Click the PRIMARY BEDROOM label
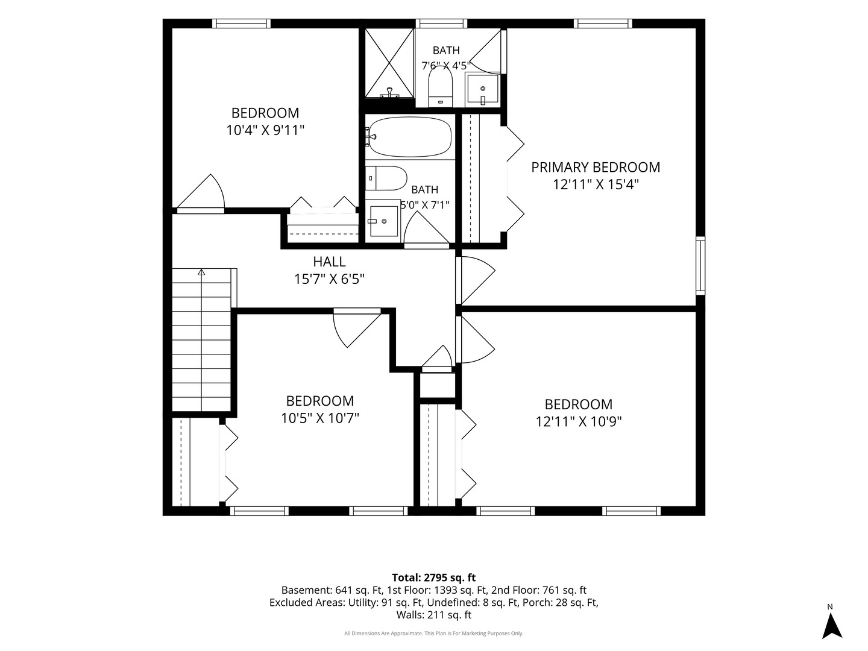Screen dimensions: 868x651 tap(595, 167)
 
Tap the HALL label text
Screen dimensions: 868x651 tap(329, 262)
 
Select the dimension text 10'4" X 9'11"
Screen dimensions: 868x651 tap(265, 130)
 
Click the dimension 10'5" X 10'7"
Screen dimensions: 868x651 tap(320, 418)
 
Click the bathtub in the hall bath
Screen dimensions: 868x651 tap(410, 137)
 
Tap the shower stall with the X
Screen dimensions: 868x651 tap(389, 63)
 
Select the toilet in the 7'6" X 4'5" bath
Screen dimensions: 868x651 tap(441, 87)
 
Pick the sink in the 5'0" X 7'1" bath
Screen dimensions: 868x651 tap(382, 221)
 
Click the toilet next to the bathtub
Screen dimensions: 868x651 tap(386, 178)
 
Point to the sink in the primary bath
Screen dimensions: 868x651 tap(482, 90)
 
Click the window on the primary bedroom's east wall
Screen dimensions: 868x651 tap(700, 266)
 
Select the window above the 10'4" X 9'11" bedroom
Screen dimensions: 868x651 tap(241, 24)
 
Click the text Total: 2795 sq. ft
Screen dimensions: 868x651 tap(434, 577)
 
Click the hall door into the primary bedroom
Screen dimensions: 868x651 tap(475, 280)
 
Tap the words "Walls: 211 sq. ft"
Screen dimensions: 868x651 tap(434, 615)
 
